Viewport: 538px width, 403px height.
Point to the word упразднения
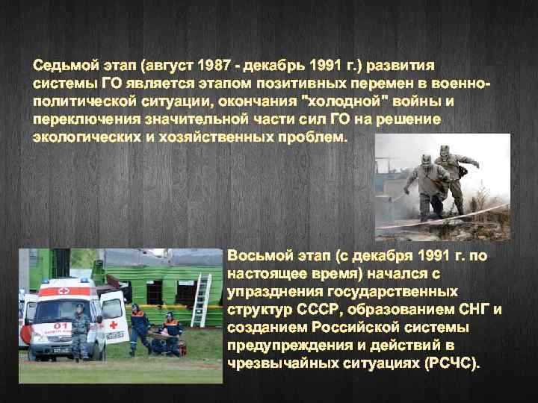point(273,292)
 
